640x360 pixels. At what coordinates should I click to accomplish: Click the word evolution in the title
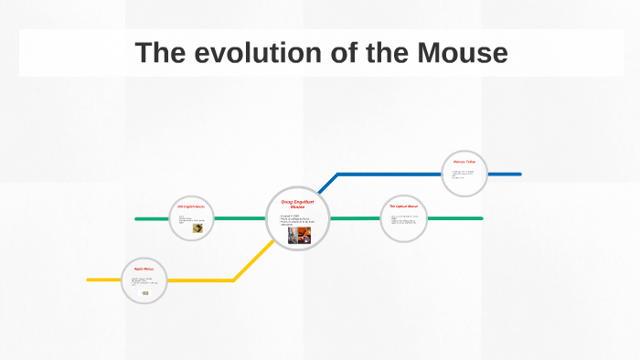coord(243,53)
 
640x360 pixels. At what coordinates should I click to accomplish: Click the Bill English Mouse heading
coord(191,206)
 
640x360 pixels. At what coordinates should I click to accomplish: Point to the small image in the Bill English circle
coord(197,228)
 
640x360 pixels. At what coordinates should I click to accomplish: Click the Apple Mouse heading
coord(144,269)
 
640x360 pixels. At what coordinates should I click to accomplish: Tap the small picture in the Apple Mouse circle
coord(145,292)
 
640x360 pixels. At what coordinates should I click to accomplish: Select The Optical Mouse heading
coord(403,206)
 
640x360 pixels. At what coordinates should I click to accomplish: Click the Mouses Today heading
coord(464,161)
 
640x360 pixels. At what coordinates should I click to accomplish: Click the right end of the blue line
coord(519,174)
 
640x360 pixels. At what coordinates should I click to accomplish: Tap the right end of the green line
coord(481,218)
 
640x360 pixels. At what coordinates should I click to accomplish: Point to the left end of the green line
coord(136,218)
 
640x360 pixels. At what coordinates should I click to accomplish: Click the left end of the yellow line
coord(89,279)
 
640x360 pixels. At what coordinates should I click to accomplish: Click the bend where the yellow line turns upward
coord(234,279)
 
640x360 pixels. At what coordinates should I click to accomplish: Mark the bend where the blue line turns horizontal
coord(338,174)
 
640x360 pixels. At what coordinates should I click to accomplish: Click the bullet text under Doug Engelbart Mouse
coord(296,219)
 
